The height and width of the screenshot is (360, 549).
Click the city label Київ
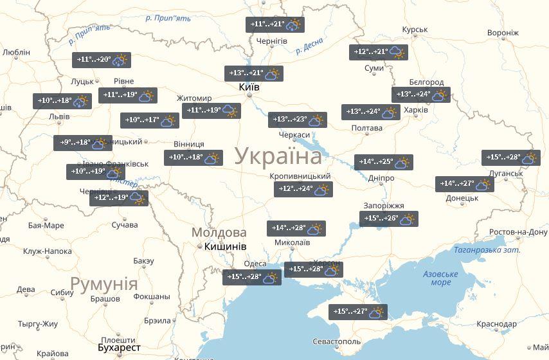point(249,87)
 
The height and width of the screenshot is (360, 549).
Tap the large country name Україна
point(278,156)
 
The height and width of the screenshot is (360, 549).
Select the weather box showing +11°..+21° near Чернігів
point(275,24)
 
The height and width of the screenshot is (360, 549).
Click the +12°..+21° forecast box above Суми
point(379,52)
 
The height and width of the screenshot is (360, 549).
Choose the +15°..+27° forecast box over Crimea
point(358,312)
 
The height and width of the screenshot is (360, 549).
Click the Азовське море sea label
point(440,278)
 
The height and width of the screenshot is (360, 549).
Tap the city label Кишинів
point(225,246)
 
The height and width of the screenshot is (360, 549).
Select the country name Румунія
point(104,283)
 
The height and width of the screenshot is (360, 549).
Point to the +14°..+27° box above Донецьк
point(464,184)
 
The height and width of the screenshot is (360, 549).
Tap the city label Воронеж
point(503,33)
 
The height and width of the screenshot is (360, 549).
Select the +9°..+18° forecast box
point(83,143)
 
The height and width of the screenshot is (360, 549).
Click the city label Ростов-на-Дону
point(518,232)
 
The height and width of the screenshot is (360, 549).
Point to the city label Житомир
point(194,98)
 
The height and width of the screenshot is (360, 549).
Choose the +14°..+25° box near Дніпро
point(383,162)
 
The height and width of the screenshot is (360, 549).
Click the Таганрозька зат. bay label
point(486,250)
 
